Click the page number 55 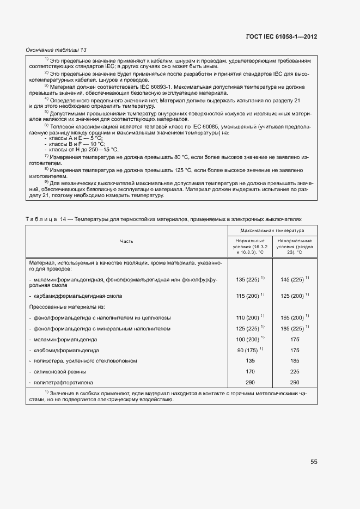click(x=314, y=462)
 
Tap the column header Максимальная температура click(x=272, y=231)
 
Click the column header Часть click(x=127, y=241)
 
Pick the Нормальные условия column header click(x=250, y=247)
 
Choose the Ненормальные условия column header click(x=294, y=247)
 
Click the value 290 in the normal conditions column click(x=250, y=383)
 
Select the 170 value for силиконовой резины click(x=250, y=372)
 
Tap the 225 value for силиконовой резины click(x=294, y=372)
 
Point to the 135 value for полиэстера click(x=250, y=361)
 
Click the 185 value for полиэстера click(x=294, y=361)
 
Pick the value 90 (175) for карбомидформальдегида click(x=250, y=350)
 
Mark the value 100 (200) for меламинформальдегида click(x=250, y=339)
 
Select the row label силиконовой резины click(x=60, y=372)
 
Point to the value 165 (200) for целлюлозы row click(x=294, y=317)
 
